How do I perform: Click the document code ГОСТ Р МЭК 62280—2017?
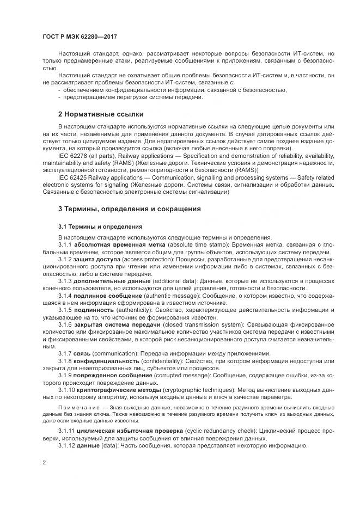click(x=80, y=36)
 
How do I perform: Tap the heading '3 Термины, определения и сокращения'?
click(x=130, y=208)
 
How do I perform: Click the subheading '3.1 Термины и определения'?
click(x=100, y=226)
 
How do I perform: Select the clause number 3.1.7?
click(x=65, y=353)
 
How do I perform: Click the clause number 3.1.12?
click(x=66, y=445)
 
